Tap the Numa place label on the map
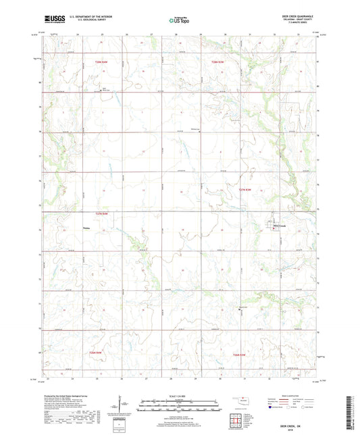[86, 228]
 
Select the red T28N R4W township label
[101, 62]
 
